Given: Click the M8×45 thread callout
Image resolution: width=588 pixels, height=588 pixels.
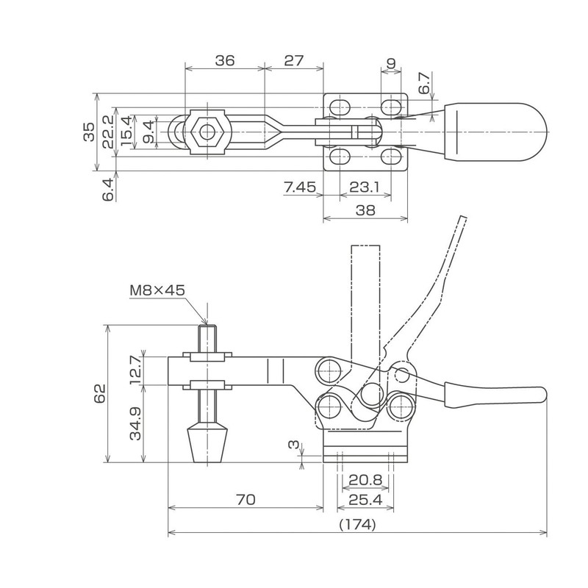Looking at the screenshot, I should (157, 290).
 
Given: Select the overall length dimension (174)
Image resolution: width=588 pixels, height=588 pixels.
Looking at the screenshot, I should (358, 525).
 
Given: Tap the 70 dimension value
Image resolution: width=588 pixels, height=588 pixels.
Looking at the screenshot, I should (245, 500).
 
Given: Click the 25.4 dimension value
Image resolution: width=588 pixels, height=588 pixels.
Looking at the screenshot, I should (365, 500).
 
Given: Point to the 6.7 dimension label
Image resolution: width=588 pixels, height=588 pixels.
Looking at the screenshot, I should (423, 82).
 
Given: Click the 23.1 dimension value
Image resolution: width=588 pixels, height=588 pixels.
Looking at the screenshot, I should (365, 188).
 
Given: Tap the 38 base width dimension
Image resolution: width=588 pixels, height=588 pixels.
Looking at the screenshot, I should (365, 210).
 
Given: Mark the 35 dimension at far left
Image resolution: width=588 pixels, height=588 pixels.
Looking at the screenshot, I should (88, 132).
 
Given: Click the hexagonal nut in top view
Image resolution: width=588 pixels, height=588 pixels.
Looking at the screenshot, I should (207, 133).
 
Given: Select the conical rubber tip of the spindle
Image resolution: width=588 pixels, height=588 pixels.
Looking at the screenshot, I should (206, 441).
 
